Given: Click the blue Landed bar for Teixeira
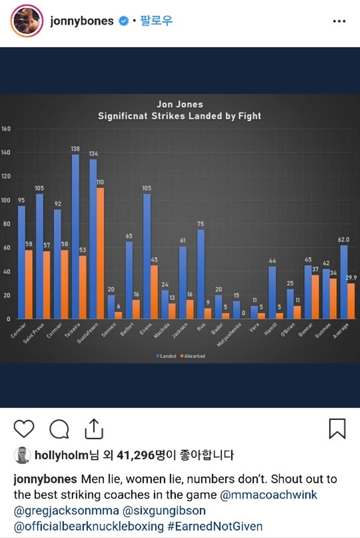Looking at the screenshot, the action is pos(76,236).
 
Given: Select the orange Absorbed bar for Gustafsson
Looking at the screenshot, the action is pos(100,253).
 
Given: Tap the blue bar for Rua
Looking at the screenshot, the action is pos(201,274).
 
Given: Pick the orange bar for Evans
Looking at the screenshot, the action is pos(154,292).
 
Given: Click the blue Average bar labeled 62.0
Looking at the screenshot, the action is pos(344,282).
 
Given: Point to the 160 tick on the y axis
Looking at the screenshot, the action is pos(6,129).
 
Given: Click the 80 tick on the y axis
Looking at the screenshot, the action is pos(7,224).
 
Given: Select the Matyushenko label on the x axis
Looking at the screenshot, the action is pos(229,335).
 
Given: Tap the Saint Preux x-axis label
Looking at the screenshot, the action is pos(34,333).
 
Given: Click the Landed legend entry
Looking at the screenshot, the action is pos(166,356).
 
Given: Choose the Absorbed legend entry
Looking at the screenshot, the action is pos(193,356).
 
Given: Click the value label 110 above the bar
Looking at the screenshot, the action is pos(100,182).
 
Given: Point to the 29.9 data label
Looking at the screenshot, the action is pos(351,278).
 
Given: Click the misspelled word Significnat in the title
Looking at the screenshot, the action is pos(123,116).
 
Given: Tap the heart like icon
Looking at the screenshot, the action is pos(24,429).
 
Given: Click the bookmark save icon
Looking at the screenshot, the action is pos(338,429).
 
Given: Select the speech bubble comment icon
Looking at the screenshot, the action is pos(59,429).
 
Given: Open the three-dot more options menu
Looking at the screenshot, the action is pos(339,21).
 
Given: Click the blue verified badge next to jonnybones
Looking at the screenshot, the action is pos(124,21).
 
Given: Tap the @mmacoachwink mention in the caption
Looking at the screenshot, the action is pos(269,495).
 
